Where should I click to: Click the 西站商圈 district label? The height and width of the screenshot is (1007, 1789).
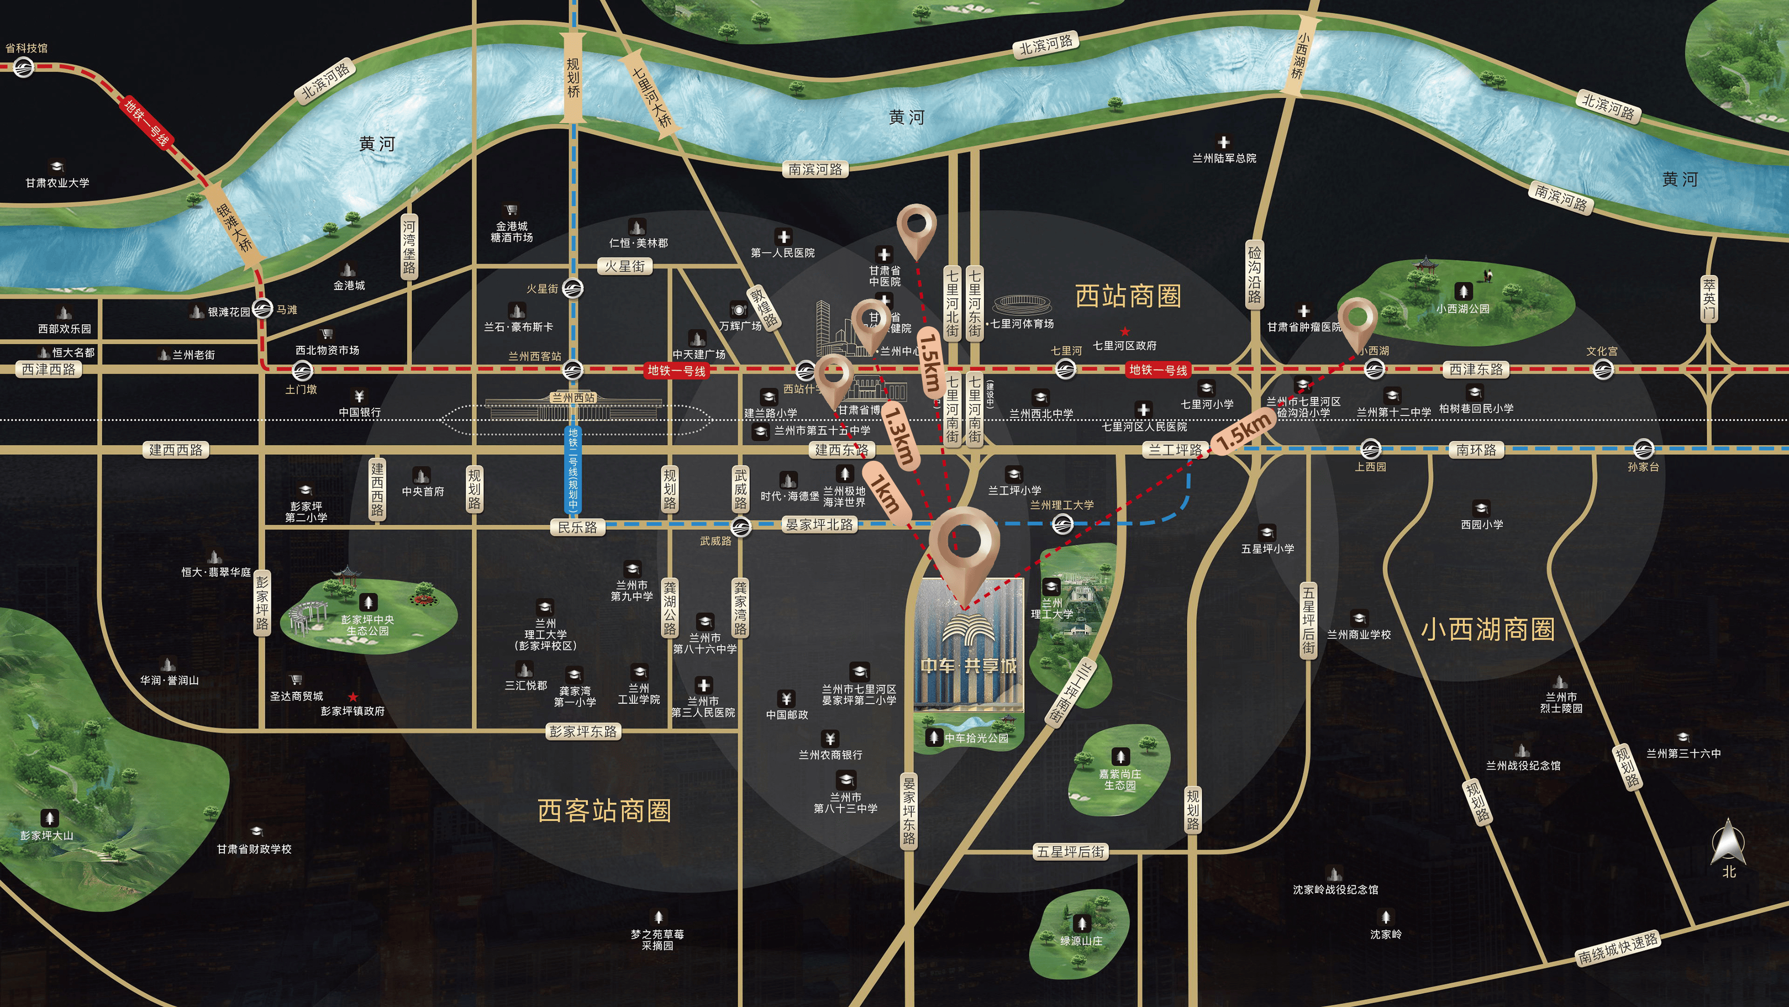pyautogui.click(x=1128, y=296)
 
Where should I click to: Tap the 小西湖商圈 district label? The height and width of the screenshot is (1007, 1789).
pyautogui.click(x=1487, y=630)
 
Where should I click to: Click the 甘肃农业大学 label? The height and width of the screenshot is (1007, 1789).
pyautogui.click(x=58, y=183)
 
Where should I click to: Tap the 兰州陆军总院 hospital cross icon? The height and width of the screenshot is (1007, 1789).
pyautogui.click(x=1224, y=143)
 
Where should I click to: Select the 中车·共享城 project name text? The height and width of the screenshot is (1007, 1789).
pyautogui.click(x=968, y=666)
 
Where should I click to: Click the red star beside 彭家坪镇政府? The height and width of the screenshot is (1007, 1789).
pyautogui.click(x=353, y=697)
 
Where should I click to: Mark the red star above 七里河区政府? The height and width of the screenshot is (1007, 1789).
pyautogui.click(x=1125, y=331)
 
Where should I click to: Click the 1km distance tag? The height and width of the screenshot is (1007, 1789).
pyautogui.click(x=885, y=493)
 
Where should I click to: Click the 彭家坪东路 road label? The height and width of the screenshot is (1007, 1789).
pyautogui.click(x=583, y=731)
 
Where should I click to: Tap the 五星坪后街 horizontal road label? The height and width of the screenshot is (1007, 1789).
pyautogui.click(x=1071, y=852)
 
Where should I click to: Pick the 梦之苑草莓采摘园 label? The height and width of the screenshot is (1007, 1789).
pyautogui.click(x=657, y=939)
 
